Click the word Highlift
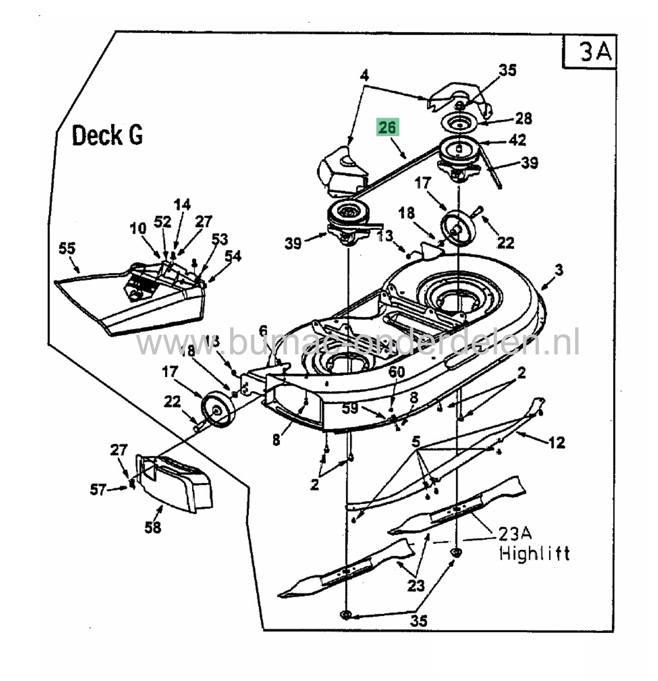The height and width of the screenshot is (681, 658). click(535, 554)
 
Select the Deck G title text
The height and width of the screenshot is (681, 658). click(107, 136)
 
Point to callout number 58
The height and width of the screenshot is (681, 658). click(153, 527)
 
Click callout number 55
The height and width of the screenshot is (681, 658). click(67, 248)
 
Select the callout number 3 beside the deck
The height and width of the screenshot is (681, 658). click(559, 270)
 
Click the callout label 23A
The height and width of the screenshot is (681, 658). click(514, 533)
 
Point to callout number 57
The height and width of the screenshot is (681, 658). click(98, 490)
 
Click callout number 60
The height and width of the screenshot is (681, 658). click(397, 372)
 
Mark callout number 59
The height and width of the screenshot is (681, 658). click(349, 408)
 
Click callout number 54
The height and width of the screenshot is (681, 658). click(233, 256)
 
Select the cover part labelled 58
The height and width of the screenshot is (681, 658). click(174, 483)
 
